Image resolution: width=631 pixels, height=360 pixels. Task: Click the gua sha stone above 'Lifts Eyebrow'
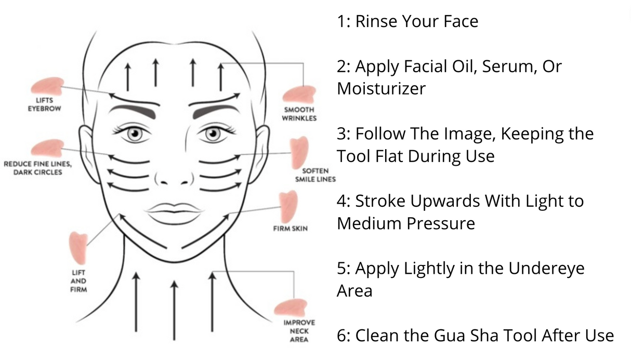pos(47,86)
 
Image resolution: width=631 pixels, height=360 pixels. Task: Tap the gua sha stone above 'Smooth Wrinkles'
pos(299,95)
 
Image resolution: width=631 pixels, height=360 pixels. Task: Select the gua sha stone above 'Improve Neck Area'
pos(291,308)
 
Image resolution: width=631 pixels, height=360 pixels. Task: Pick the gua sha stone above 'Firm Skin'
pos(288,207)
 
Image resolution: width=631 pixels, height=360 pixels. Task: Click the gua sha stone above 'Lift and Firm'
pos(78,248)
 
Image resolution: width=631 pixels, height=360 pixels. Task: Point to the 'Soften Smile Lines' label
pos(315,175)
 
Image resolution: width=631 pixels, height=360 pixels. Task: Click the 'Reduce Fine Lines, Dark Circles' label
pos(38,168)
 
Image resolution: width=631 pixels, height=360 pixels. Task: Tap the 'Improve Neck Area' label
pos(299,331)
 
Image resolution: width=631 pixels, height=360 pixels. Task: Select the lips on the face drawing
pos(174,213)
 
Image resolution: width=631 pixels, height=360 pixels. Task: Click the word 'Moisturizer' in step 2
pos(381,89)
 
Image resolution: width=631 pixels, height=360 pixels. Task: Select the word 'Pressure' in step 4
pos(441,223)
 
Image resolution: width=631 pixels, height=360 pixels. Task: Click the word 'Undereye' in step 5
pos(546,268)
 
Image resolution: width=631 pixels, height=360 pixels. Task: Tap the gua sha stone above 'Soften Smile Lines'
pos(299,153)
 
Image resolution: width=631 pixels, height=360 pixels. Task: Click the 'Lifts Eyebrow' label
pos(44,104)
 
